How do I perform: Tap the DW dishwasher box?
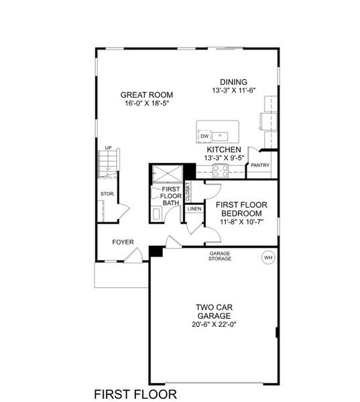point(204,136)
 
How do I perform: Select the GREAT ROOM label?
point(142,94)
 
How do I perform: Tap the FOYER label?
point(123,242)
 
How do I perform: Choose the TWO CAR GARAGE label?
point(214,312)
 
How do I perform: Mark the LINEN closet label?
point(194,209)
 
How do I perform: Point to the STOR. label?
point(107,194)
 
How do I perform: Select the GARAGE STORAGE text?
point(219,256)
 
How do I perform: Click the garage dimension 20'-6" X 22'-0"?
point(214,325)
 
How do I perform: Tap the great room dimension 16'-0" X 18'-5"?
point(142,104)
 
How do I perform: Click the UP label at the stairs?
point(107,148)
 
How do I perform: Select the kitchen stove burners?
point(221,172)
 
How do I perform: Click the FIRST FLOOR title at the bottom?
point(135,393)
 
